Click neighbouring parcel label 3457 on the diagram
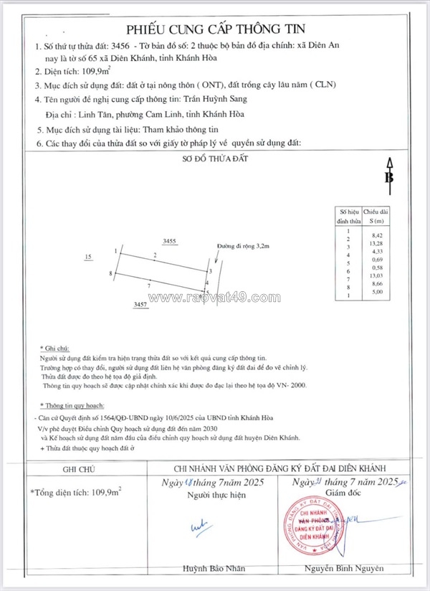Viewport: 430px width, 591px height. click(x=140, y=305)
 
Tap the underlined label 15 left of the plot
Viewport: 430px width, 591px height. click(x=88, y=256)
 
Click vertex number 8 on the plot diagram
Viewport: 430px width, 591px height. click(x=111, y=273)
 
